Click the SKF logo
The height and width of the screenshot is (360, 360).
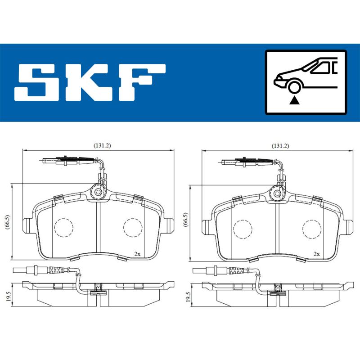90,82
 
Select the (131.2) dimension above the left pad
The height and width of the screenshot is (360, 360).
102,145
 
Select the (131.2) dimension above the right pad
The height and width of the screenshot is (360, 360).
280,145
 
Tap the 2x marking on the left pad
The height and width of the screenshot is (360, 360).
137,254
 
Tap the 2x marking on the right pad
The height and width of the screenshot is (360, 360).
316,254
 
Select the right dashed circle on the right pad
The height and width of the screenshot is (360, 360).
311,228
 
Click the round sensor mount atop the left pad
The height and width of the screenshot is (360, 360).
98,192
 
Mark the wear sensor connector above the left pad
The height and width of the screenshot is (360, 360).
67,160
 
